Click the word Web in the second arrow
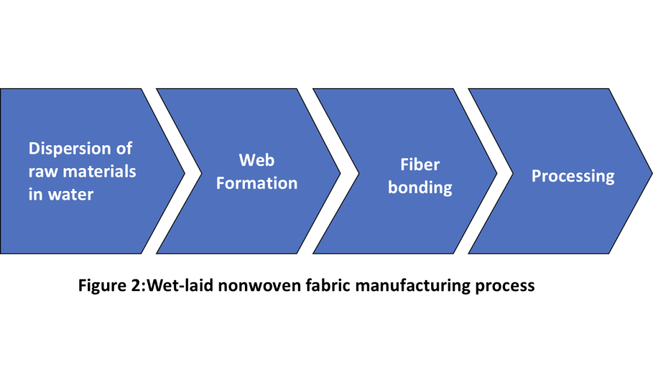tap(256, 160)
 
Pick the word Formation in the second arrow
tap(256, 183)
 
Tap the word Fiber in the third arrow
tap(420, 164)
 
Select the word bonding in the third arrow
tap(420, 188)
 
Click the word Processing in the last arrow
tap(573, 176)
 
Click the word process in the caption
tap(505, 285)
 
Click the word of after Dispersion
tap(123, 149)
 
